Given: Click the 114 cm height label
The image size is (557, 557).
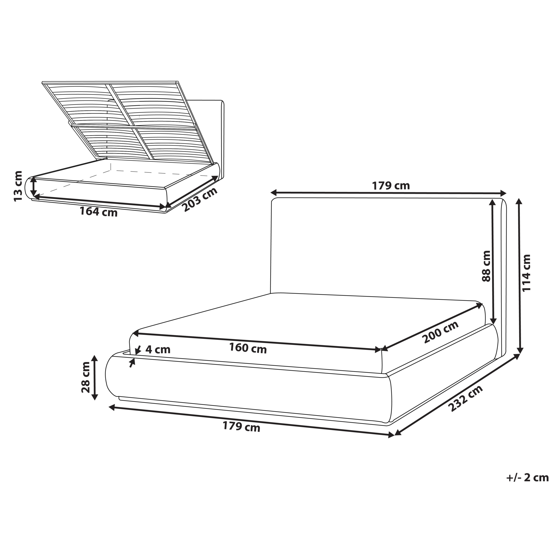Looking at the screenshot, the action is (x=526, y=272).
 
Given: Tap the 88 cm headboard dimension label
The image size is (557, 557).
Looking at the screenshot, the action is (x=486, y=266).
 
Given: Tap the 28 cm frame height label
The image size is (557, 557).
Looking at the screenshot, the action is (x=85, y=377).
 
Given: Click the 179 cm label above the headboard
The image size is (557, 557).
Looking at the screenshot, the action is (x=391, y=185).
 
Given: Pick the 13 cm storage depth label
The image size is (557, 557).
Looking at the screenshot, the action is (x=18, y=186).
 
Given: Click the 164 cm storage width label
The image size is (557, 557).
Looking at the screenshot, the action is (x=98, y=212).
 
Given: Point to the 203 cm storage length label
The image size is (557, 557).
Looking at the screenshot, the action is (x=200, y=200).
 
